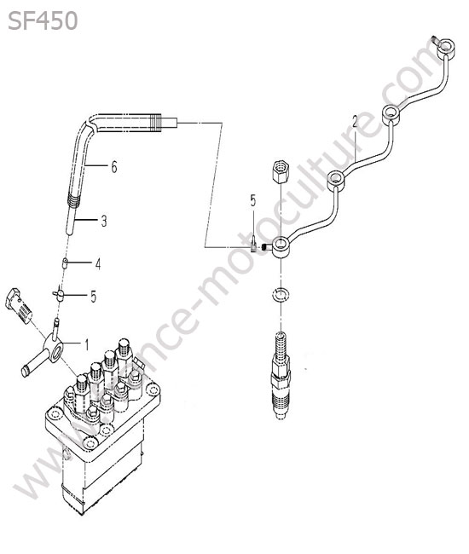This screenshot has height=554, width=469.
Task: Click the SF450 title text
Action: pyautogui.click(x=43, y=20)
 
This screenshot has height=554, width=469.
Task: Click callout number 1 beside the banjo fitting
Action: pyautogui.click(x=86, y=344)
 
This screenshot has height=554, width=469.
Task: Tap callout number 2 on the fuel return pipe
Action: pyautogui.click(x=355, y=122)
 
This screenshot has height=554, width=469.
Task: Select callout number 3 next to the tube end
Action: pyautogui.click(x=103, y=222)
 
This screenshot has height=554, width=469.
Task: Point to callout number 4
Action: pyautogui.click(x=97, y=263)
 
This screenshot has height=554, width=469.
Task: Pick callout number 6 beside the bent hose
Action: pyautogui.click(x=113, y=167)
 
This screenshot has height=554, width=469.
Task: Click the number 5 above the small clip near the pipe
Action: pyautogui.click(x=252, y=200)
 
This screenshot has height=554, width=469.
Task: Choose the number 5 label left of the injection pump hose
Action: pyautogui.click(x=93, y=296)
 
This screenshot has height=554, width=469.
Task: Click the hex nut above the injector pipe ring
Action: pyautogui.click(x=281, y=171)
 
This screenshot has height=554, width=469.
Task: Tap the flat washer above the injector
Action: pyautogui.click(x=281, y=294)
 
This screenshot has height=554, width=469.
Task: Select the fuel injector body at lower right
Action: pyautogui.click(x=281, y=375)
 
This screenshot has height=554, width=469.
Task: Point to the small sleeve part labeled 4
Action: pyautogui.click(x=65, y=263)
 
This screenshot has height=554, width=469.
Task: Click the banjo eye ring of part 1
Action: pyautogui.click(x=55, y=348)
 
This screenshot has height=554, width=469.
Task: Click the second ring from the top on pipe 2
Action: pyautogui.click(x=391, y=115)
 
